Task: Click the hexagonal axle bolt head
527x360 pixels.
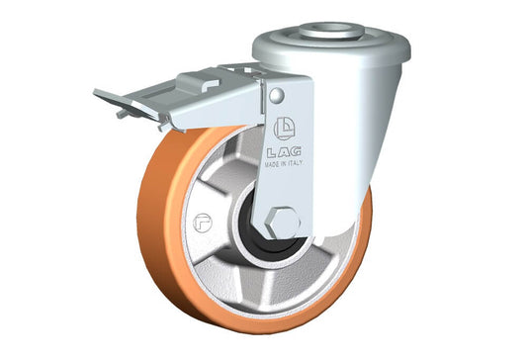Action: click(x=283, y=224)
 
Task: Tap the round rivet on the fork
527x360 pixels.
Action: click(x=277, y=96)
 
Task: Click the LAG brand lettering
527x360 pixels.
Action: click(x=284, y=152)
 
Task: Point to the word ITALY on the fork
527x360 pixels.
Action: click(x=295, y=163)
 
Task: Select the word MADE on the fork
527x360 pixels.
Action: click(x=272, y=165)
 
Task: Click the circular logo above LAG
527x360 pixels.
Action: click(x=285, y=129)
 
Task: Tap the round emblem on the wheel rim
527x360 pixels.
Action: click(x=203, y=223)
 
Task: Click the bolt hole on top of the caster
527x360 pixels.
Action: click(x=331, y=28)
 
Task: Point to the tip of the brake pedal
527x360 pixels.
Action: click(x=95, y=92)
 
